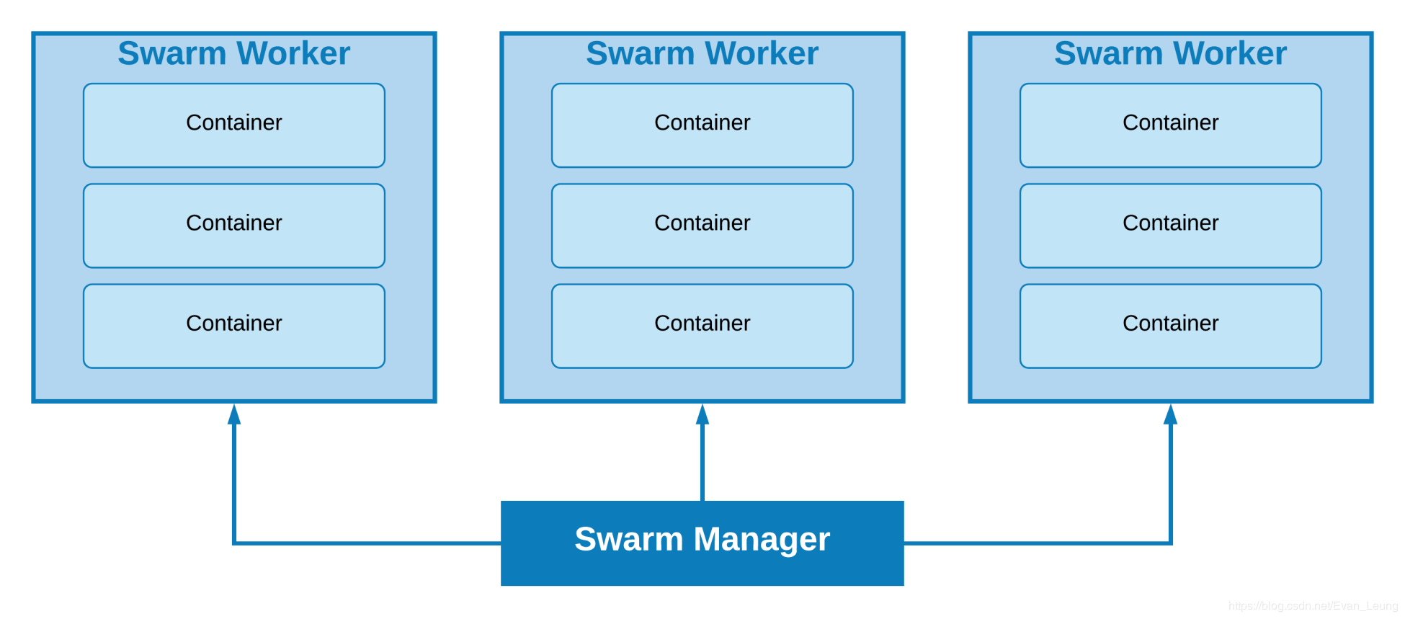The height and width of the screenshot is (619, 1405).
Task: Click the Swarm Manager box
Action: coord(702,543)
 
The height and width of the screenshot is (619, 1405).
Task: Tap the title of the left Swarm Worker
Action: coord(234,53)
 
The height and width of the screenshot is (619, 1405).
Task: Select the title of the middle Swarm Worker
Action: coord(702,53)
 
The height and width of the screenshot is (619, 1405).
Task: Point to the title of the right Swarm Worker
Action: coord(1171,53)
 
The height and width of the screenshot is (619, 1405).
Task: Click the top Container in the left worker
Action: coord(234,125)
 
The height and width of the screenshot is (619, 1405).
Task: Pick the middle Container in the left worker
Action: coord(234,226)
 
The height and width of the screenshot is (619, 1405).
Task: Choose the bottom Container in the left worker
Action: coord(234,326)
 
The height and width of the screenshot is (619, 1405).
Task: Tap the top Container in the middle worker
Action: coord(702,125)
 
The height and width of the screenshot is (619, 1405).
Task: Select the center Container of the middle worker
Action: coord(702,226)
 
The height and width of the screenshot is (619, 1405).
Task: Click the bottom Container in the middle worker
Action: coord(702,326)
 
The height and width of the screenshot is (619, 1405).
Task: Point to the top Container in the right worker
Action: coord(1171,125)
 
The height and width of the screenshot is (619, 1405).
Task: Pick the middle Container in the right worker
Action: coord(1171,226)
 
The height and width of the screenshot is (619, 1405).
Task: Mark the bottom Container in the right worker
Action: coord(1171,326)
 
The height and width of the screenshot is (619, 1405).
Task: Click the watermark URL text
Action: coord(1313,606)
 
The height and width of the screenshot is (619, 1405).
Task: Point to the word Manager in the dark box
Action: coord(762,540)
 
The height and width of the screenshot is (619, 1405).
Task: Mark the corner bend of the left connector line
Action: coord(234,543)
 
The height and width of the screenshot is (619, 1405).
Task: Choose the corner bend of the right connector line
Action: coord(1171,543)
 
